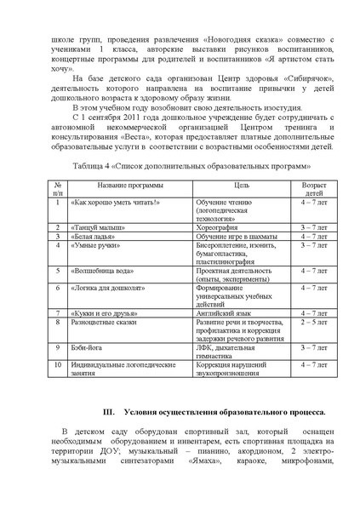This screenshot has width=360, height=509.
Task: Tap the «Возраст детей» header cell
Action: coord(310,188)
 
